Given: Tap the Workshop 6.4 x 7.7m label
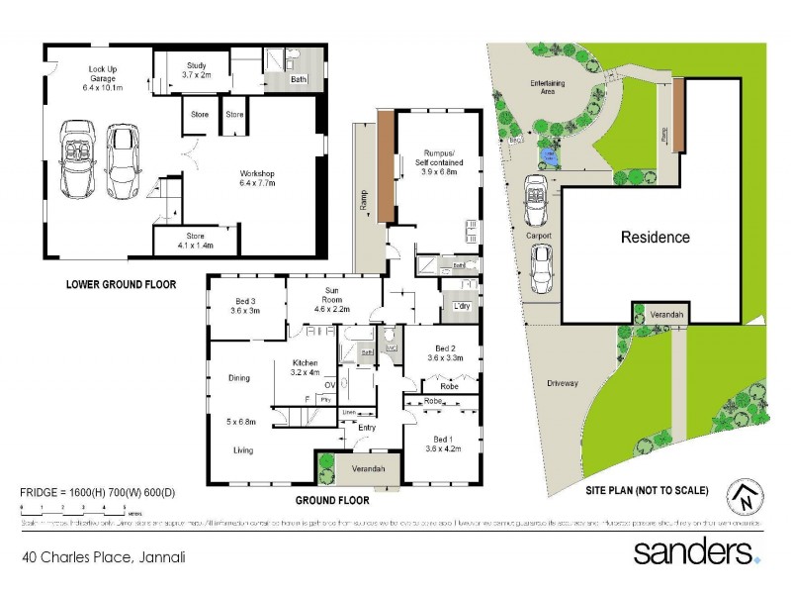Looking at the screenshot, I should (255, 179).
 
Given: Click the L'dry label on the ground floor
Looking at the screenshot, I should (460, 308).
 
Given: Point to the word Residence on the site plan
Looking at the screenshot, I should (655, 238).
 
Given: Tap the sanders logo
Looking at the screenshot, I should (696, 551).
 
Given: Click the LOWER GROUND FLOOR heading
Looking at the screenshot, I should (121, 284).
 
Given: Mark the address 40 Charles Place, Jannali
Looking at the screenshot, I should (103, 557).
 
